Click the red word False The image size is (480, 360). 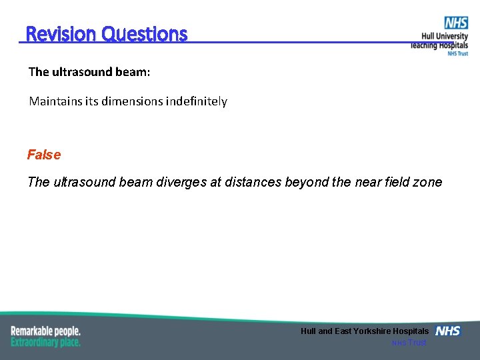[44, 155]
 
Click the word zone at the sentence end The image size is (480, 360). [427, 182]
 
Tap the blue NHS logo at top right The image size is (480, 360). [456, 23]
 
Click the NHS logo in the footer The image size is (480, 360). [447, 331]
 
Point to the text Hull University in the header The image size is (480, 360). [444, 37]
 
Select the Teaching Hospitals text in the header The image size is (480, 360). [439, 45]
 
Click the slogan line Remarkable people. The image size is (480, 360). [45, 331]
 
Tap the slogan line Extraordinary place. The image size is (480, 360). [45, 342]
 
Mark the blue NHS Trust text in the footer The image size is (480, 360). [409, 343]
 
